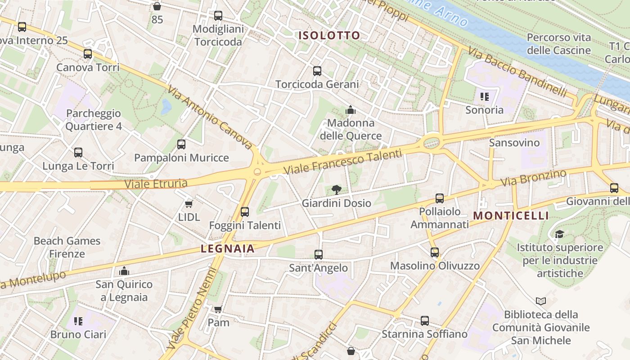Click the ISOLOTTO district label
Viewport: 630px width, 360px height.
tap(330, 36)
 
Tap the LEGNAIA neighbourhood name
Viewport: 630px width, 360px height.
tap(228, 248)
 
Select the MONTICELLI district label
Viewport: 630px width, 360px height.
tap(511, 216)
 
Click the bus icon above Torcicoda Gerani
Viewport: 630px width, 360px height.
tap(317, 71)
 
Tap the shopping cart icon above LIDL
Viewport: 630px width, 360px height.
tap(189, 204)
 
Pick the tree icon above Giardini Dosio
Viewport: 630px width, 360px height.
tap(336, 190)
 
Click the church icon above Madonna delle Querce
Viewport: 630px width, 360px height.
tap(351, 110)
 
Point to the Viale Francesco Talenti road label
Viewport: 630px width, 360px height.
tap(342, 162)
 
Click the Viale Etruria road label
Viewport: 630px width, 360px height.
tap(156, 184)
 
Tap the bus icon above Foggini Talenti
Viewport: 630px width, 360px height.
tap(245, 211)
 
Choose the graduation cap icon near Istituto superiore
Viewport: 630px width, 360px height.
tap(559, 234)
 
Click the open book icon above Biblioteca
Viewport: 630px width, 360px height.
tap(541, 301)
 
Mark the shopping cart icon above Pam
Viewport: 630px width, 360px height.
tap(218, 309)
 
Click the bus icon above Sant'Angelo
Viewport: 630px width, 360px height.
tap(319, 255)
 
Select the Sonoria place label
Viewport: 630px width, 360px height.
tap(485, 110)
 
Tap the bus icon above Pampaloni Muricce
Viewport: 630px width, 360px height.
tap(181, 144)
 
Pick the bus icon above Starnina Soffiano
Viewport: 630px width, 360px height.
tap(425, 321)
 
